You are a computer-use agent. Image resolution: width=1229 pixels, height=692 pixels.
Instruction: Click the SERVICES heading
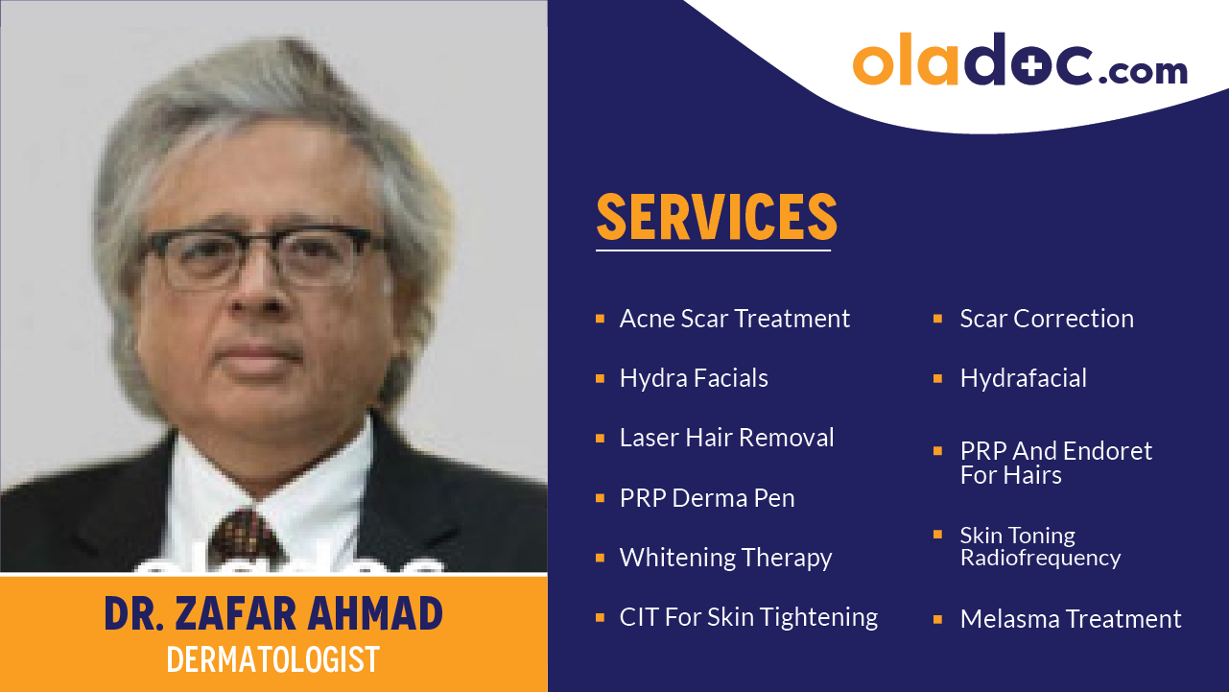tap(717, 217)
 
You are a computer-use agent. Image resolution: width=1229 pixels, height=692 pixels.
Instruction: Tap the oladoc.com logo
tap(1019, 60)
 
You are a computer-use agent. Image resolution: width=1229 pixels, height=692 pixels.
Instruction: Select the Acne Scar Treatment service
tap(735, 319)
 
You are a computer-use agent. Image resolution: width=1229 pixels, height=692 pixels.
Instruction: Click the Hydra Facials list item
tap(694, 378)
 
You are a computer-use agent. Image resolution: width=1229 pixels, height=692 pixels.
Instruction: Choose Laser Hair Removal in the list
tap(726, 438)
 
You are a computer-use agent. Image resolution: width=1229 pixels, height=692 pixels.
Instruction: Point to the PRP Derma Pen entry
tap(707, 498)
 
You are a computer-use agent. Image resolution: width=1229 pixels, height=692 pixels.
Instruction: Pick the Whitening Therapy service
tap(725, 558)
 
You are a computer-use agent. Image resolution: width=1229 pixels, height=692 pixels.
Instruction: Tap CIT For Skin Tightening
tap(748, 617)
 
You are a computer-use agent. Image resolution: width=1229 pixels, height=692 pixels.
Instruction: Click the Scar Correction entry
tap(1047, 319)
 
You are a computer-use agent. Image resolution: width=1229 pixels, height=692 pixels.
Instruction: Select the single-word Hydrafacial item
tap(1023, 378)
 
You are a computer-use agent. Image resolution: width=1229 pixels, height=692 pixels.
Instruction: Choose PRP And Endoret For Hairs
tap(1055, 463)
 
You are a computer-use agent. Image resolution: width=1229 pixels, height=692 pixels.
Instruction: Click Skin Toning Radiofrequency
tap(1040, 546)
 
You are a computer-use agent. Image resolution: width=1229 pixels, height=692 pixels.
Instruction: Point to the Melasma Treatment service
tap(1071, 619)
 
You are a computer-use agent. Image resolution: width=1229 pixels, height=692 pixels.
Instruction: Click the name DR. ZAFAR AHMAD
tap(273, 613)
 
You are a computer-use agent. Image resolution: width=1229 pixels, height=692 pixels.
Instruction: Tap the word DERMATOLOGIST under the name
tap(273, 660)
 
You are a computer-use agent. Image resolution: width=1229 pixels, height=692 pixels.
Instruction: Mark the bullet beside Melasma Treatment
tap(937, 619)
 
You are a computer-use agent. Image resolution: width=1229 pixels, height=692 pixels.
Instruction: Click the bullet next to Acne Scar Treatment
tap(600, 318)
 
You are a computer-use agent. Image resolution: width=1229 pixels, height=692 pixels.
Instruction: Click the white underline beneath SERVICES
tap(713, 251)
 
